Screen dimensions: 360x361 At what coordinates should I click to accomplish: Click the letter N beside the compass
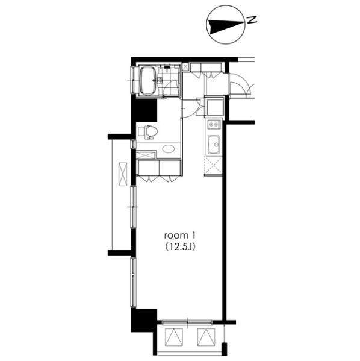click(x=252, y=19)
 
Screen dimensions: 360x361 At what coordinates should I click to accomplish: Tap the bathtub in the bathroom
click(x=148, y=80)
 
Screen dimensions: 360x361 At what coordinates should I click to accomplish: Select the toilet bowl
click(x=152, y=132)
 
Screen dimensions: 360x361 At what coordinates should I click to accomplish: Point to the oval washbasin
click(x=168, y=148)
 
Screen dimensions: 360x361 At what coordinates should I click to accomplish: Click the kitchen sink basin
click(x=214, y=145)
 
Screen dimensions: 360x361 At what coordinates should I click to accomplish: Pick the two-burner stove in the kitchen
click(x=214, y=125)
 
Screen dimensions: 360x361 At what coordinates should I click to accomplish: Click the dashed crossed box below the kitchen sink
click(x=213, y=166)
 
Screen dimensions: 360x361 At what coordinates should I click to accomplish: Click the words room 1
click(x=180, y=236)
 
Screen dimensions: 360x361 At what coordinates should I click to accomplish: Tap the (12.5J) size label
click(x=180, y=247)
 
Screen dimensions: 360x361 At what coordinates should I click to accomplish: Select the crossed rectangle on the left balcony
click(x=123, y=174)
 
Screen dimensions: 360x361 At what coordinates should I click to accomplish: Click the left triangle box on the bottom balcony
click(x=173, y=337)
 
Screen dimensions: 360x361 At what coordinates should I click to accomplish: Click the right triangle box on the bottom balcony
click(x=206, y=337)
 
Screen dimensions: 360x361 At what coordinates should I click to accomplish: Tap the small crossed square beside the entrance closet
click(x=185, y=66)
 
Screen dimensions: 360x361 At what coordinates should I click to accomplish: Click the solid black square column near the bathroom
click(x=144, y=110)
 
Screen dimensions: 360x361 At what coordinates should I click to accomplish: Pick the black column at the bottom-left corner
click(x=144, y=321)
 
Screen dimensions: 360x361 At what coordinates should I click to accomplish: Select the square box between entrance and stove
click(x=214, y=106)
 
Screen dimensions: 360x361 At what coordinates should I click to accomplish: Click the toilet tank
click(x=141, y=132)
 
